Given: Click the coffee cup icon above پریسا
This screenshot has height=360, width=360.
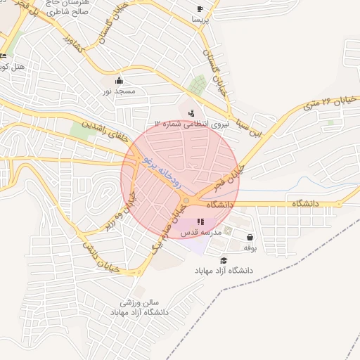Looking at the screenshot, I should [x=200, y=9].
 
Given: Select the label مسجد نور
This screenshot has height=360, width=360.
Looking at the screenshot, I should [x=117, y=91].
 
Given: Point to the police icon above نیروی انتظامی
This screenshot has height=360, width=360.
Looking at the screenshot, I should [x=192, y=112].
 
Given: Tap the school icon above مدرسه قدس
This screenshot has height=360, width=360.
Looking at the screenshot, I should [x=201, y=221].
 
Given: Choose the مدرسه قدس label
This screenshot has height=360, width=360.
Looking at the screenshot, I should [x=201, y=232].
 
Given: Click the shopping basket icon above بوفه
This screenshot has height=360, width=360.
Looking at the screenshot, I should [x=250, y=237].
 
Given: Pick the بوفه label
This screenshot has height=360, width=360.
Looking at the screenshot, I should [x=250, y=247].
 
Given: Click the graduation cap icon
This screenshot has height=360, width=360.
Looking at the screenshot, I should [x=224, y=260].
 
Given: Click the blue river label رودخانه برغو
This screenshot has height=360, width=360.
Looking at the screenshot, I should [x=162, y=169].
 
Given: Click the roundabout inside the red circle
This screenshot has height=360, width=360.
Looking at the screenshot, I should [x=186, y=202].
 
